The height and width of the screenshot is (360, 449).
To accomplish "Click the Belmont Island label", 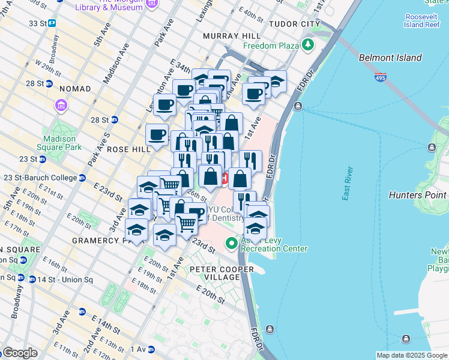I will click(390, 58).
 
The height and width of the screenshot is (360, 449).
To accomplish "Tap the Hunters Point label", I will click(417, 195).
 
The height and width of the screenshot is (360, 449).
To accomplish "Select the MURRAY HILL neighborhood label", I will click(232, 36).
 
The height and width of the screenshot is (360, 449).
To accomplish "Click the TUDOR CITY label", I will click(295, 23).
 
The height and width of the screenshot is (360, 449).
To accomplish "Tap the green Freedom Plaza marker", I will click(308, 44).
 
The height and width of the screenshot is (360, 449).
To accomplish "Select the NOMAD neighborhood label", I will click(75, 89).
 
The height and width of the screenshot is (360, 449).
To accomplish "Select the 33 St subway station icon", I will click(52, 23).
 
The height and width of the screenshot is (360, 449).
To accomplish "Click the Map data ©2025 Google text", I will click(411, 355).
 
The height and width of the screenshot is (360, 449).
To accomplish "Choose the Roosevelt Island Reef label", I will click(424, 20).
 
